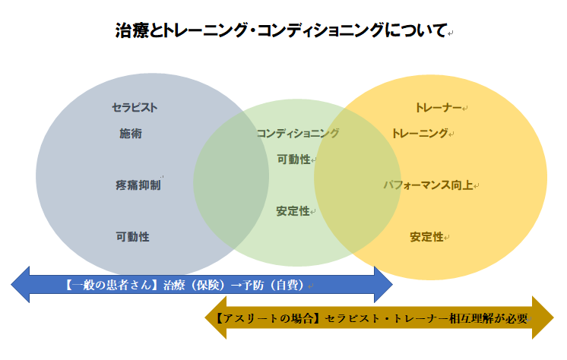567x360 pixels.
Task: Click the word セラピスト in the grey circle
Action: pos(135,107)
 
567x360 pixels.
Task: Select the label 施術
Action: pos(130,134)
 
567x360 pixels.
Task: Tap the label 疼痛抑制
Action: pos(138,185)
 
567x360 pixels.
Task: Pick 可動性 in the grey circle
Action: pos(132,236)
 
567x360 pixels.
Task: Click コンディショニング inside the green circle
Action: pos(297,133)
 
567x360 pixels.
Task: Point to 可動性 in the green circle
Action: pos(293,159)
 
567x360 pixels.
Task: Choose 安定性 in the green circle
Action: pos(293,211)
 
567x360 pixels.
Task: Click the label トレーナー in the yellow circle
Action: pos(439,108)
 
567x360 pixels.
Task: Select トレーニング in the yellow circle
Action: pos(420,134)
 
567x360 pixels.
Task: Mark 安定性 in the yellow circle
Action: pos(426,237)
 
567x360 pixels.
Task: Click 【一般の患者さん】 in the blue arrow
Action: pos(111,286)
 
